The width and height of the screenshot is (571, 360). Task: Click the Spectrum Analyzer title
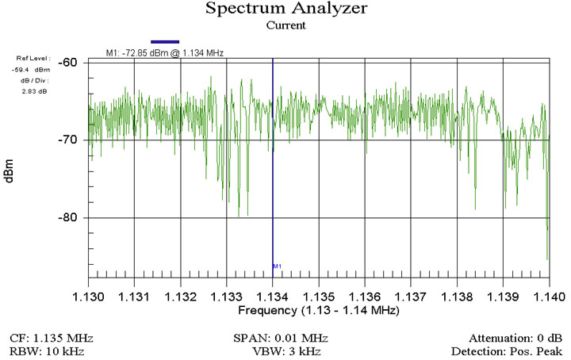pyautogui.click(x=285, y=10)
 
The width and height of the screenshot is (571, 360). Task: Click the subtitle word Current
pyautogui.click(x=285, y=25)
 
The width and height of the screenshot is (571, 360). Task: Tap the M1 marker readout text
pyautogui.click(x=165, y=53)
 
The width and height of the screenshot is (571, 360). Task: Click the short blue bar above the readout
pyautogui.click(x=166, y=41)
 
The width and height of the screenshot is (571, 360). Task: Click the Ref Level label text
pyautogui.click(x=33, y=58)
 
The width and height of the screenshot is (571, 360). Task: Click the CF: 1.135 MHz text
pyautogui.click(x=48, y=337)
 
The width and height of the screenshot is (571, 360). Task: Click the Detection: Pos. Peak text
pyautogui.click(x=507, y=350)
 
